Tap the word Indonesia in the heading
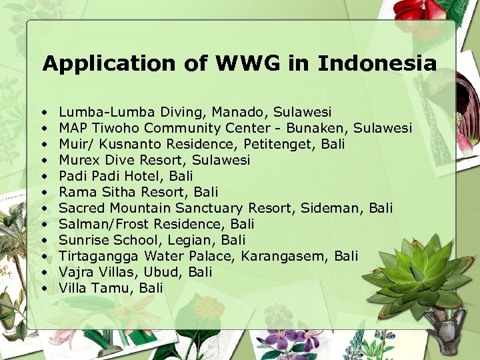(x=377, y=64)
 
